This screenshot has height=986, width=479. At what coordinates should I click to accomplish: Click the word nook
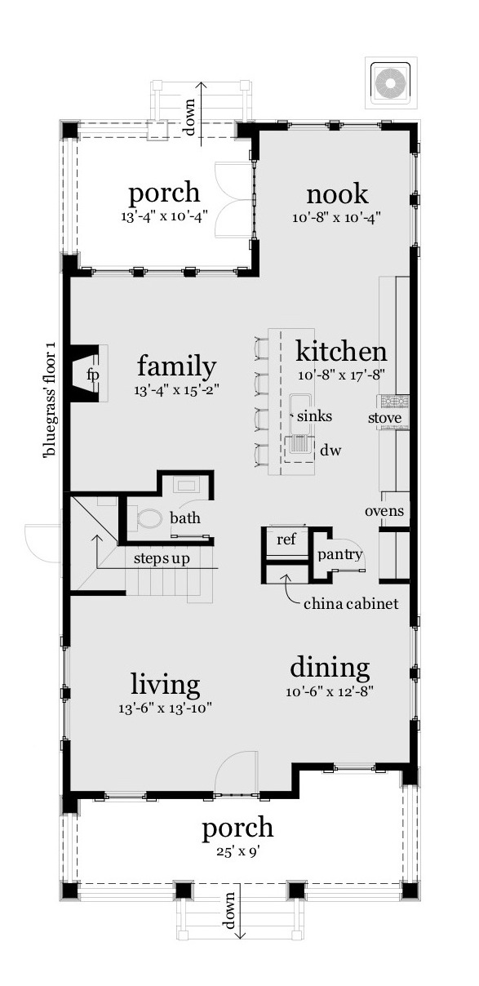pos(337,195)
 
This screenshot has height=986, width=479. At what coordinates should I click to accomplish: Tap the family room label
pos(176,366)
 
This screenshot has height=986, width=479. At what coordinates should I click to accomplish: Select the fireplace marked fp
pos(92,374)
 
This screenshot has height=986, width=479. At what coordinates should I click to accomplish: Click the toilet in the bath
pos(149,518)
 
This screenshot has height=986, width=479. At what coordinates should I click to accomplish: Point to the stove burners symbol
pos(392,402)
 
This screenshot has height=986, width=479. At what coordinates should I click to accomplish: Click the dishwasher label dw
pos(330,449)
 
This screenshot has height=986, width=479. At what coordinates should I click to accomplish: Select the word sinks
pos(314,416)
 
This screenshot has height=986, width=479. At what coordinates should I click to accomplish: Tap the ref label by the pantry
pos(286,539)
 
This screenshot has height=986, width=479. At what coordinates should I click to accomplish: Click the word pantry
pos(339,555)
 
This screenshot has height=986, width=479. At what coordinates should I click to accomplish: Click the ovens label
pos(384,511)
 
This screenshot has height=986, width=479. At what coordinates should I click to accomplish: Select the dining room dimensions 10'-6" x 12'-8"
pos(330,692)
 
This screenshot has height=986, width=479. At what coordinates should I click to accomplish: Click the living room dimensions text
pos(165,708)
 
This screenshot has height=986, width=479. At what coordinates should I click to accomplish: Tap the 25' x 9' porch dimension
pos(237,851)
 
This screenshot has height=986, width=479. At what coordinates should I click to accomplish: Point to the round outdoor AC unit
pos(391,82)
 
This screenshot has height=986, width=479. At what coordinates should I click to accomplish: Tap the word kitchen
pos(340,352)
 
